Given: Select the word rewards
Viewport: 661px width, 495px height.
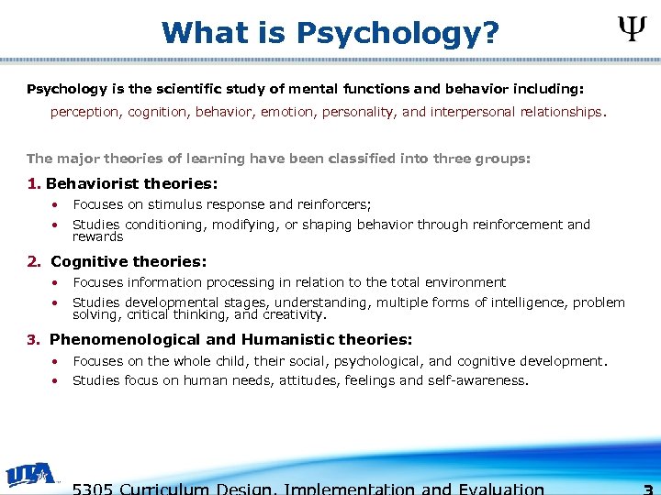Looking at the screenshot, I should click(x=97, y=236).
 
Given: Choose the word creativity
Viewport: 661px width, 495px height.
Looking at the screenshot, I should click(x=293, y=314).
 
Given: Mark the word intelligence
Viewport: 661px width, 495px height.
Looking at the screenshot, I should click(x=520, y=302).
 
